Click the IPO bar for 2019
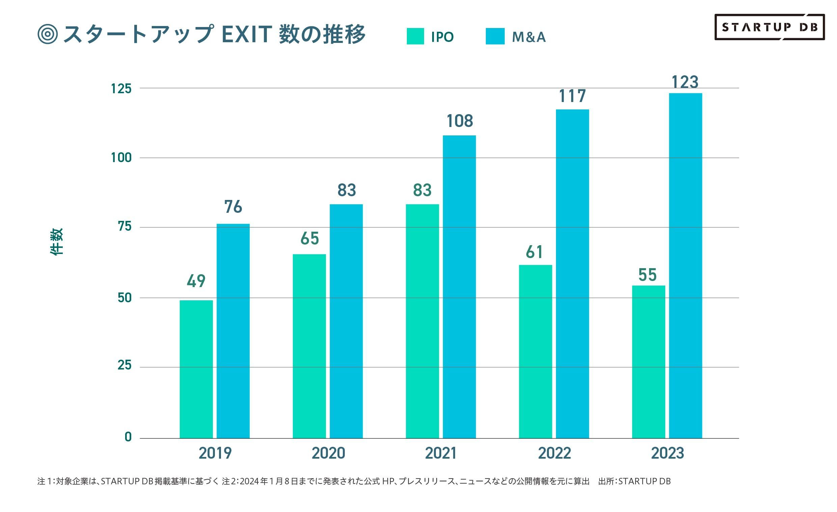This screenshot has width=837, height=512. pos(196,369)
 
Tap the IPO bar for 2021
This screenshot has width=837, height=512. pos(422,321)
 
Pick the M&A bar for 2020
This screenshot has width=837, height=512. pos(346,321)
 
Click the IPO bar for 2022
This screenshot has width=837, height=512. pos(535,351)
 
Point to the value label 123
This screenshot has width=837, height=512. pos(685,82)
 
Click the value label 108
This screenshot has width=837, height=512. pos(459,121)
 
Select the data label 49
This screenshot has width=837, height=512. pos(196,281)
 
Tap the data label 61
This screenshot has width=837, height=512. pos(534,252)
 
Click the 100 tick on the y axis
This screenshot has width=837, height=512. pos(121,158)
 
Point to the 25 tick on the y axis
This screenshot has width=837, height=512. pos(124,365)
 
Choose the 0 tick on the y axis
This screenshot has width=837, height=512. pos(128,437)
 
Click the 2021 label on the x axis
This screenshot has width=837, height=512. pos(441,453)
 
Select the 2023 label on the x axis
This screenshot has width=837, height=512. pos(667,453)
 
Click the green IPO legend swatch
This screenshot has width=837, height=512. pos(415,36)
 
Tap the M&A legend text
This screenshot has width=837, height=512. pos(529,37)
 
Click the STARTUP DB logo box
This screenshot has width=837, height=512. pos(770,27)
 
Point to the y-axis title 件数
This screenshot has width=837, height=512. pos(57,242)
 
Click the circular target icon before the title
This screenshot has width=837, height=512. pos(48,34)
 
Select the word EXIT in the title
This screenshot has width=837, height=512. pos(246,34)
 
